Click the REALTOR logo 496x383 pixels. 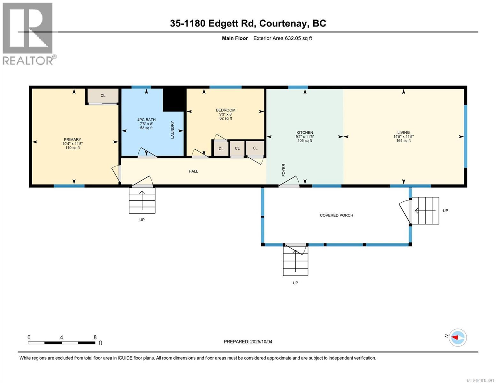click(x=28, y=34)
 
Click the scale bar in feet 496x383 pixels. click(x=61, y=343)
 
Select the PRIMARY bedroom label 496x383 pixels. click(x=72, y=139)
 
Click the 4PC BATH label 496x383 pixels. click(x=146, y=120)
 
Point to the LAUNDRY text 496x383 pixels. click(x=172, y=130)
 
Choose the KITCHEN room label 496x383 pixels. click(x=305, y=132)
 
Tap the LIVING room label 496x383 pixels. click(x=403, y=132)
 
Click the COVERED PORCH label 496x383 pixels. click(x=336, y=215)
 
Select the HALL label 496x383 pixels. click(x=193, y=171)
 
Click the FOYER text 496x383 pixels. click(x=284, y=170)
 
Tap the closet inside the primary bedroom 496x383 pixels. click(x=103, y=95)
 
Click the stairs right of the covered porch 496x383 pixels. click(x=425, y=211)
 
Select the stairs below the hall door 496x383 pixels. click(x=142, y=200)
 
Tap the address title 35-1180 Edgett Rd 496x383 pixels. click(x=248, y=23)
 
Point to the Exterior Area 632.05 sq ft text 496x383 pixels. click(x=282, y=38)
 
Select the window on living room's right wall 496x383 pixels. click(x=465, y=136)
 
